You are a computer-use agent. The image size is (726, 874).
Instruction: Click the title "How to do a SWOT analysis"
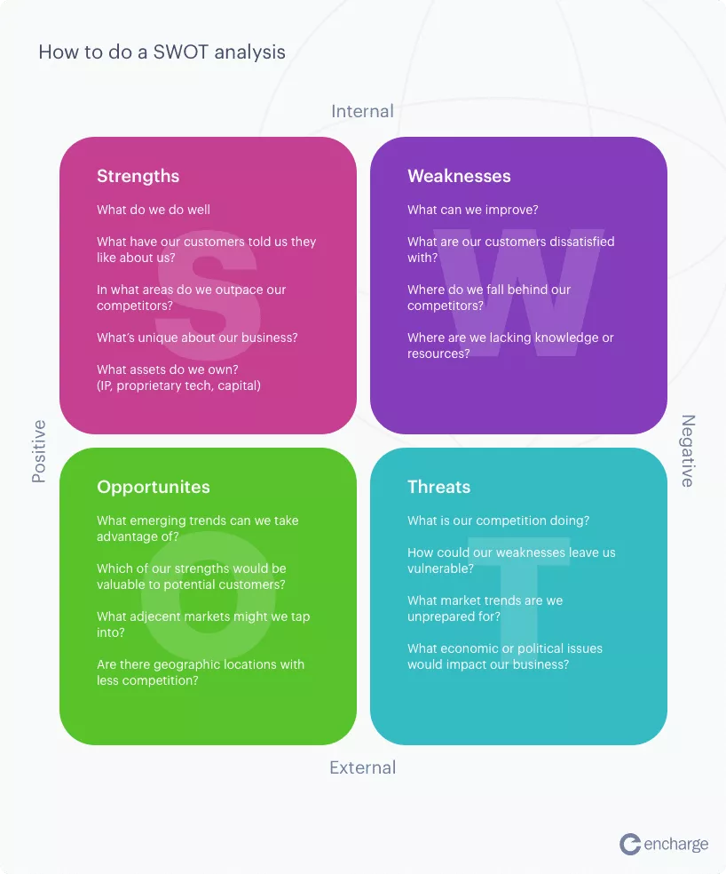pos(162,52)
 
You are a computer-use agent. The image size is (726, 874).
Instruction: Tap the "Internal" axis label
pos(362,111)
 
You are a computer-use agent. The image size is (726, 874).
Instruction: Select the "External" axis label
pos(362,767)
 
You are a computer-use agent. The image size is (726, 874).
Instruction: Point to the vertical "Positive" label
pos(38,451)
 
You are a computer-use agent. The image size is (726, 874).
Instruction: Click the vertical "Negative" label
pos(688,451)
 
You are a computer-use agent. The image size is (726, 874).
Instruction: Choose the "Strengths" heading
pos(138,176)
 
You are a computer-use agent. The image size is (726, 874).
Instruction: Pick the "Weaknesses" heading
pos(459,176)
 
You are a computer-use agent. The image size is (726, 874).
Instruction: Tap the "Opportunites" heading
pos(154,487)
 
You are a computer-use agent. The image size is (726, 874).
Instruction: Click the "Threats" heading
pos(439,487)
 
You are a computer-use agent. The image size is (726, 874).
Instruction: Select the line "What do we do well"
pos(154,210)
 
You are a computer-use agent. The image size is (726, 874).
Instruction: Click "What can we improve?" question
pos(472,210)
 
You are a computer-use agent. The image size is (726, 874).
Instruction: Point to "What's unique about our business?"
pos(197,338)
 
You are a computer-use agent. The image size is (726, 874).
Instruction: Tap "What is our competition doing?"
pos(498,520)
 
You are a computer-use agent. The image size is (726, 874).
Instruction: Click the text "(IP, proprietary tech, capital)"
pos(178,385)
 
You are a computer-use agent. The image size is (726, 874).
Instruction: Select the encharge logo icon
pos(630,844)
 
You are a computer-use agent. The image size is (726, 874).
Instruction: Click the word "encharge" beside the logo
pos(675,845)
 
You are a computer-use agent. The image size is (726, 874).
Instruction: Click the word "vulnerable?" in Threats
pos(440,568)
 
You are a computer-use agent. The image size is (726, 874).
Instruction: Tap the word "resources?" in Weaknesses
pos(438,354)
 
